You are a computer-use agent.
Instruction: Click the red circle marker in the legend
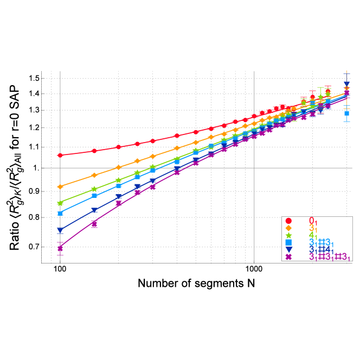(x=288, y=221)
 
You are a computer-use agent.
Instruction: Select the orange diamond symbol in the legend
(x=288, y=228)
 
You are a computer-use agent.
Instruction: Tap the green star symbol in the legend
(x=288, y=235)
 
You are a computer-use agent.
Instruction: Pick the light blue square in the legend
(x=288, y=242)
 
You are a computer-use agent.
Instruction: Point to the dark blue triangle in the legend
(x=288, y=249)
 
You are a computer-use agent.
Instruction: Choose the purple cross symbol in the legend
(x=288, y=257)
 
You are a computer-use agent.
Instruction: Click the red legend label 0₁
(x=313, y=221)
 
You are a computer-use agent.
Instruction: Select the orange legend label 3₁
(x=313, y=228)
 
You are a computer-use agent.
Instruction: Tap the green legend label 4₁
(x=313, y=236)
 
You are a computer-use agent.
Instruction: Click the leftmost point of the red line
(x=60, y=155)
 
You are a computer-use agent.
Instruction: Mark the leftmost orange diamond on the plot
(x=60, y=187)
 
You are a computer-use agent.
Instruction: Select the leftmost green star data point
(x=60, y=203)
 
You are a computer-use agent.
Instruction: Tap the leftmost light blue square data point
(x=60, y=213)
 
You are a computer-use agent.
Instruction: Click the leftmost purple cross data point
(x=60, y=249)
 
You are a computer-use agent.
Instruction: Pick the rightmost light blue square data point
(x=346, y=113)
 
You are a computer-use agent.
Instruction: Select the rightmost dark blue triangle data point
(x=346, y=84)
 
